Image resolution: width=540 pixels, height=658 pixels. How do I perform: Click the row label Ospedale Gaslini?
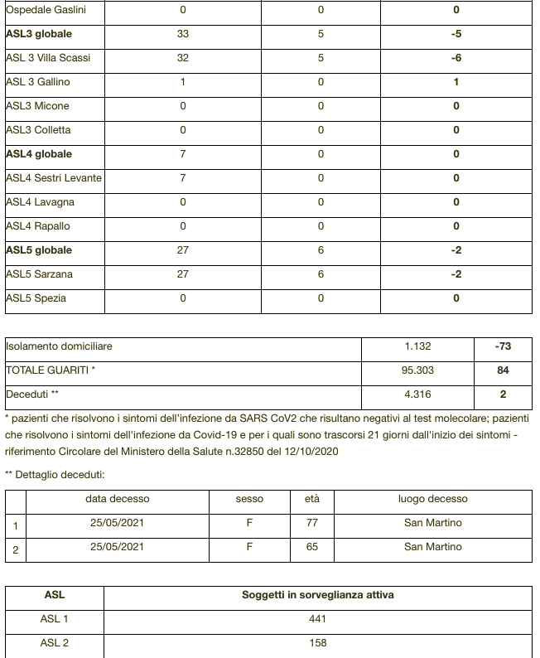coord(46,10)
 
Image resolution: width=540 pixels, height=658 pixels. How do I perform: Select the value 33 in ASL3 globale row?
coord(183,34)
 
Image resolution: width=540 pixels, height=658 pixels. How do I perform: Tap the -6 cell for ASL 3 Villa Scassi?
coord(456,58)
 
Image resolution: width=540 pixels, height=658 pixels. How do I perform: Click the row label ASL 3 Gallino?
coord(38,82)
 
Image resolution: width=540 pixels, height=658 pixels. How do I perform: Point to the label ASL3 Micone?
coord(37,106)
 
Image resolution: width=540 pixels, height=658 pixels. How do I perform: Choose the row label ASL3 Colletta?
coord(38,130)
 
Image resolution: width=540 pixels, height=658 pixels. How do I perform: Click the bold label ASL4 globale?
coord(39,154)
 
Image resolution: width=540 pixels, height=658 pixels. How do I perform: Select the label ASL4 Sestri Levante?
coord(54,178)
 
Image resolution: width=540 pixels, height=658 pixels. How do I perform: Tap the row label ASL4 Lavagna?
coord(40,202)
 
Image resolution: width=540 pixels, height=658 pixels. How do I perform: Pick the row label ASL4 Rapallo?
coord(38,226)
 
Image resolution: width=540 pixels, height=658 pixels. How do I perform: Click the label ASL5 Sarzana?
coord(39,274)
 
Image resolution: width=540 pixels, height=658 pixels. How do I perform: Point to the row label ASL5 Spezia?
coord(36,298)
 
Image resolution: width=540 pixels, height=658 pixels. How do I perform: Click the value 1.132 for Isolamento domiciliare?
coord(417,346)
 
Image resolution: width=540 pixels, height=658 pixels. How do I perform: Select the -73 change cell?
coord(503,346)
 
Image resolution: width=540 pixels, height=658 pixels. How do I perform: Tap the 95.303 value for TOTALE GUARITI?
coord(417,370)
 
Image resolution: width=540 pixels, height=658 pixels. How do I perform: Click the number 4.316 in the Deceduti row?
coord(417,394)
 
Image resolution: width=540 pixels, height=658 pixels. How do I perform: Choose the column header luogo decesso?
coord(432,499)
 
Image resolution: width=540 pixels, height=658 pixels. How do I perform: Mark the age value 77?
coord(312,523)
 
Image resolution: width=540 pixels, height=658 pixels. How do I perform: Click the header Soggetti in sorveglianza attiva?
coord(317,595)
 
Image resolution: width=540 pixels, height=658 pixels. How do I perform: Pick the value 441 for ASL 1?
coord(317,619)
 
